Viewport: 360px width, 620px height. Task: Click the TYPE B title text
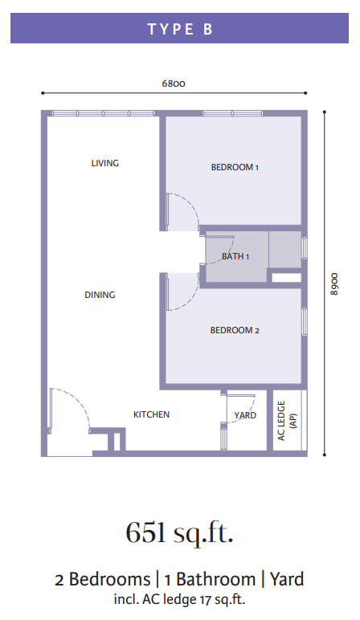tap(180, 29)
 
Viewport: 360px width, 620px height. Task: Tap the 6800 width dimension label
tap(174, 84)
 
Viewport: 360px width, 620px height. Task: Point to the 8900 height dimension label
tap(334, 283)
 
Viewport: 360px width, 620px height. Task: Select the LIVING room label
tap(104, 163)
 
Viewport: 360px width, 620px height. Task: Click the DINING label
tap(100, 295)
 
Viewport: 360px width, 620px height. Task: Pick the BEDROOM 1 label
tap(235, 167)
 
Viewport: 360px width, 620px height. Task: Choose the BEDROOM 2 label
tap(235, 330)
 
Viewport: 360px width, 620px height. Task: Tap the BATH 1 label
tap(235, 257)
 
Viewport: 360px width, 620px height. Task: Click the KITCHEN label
tap(151, 414)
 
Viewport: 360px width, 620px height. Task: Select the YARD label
tap(245, 415)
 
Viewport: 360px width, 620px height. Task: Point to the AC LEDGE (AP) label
tap(287, 421)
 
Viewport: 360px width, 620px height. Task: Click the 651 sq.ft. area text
tap(179, 532)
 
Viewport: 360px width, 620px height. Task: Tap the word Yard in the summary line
tap(287, 579)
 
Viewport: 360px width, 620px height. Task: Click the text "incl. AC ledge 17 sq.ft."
tap(180, 599)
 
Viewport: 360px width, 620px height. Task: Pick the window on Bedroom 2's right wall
tap(305, 321)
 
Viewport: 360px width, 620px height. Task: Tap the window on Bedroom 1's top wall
tap(232, 113)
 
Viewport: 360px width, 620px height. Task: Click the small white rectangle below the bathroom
tap(286, 278)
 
